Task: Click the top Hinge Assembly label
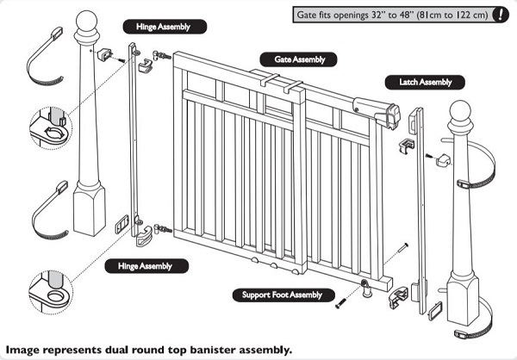[171, 27]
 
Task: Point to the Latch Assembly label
[425, 83]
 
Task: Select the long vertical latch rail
[420, 207]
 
